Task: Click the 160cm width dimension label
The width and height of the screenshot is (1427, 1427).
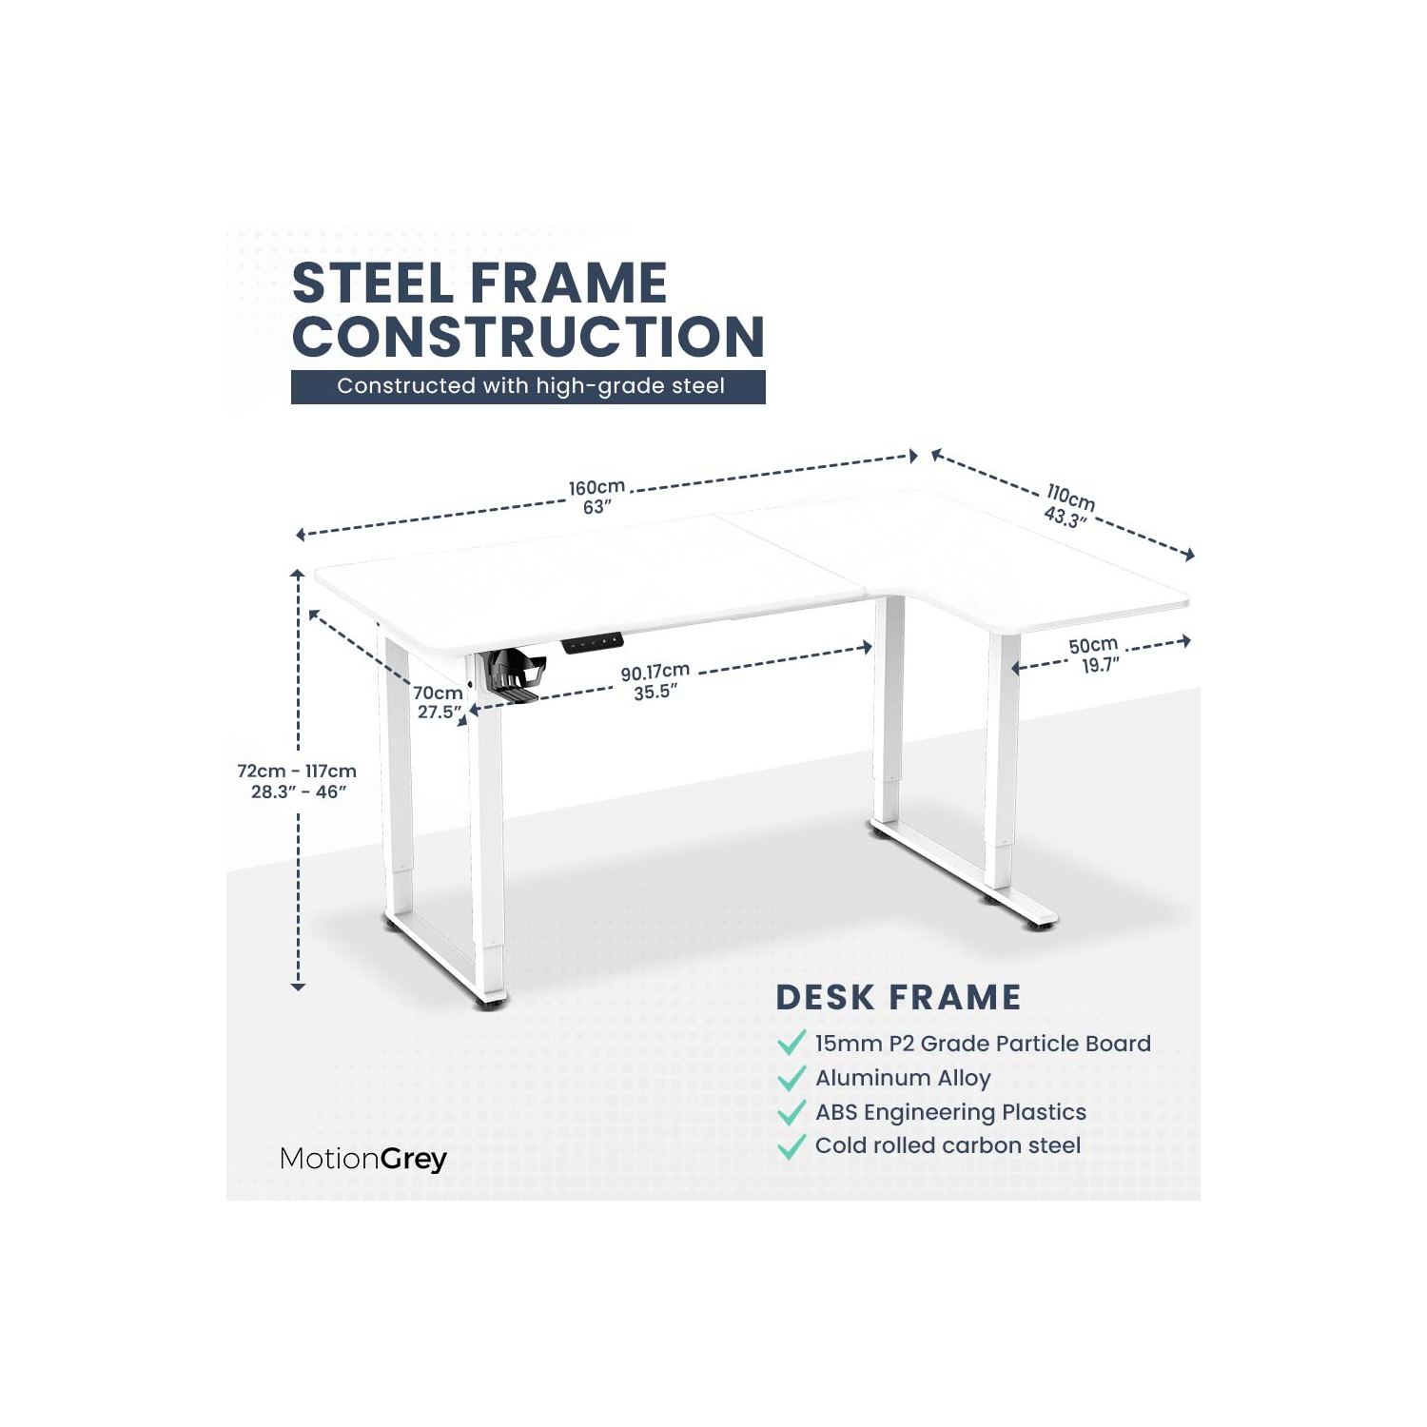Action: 596,497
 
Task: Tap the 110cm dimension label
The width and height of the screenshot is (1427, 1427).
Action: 1069,505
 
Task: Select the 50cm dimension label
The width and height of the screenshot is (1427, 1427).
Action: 1095,655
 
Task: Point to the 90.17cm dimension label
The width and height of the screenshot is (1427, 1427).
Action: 655,682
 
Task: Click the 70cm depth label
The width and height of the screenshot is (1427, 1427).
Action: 439,702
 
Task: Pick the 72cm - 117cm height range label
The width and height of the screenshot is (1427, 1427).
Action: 297,781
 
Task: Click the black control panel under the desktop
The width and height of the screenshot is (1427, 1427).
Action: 592,643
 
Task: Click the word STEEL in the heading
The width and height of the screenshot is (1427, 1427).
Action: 375,283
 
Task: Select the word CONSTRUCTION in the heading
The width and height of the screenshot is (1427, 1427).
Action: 528,337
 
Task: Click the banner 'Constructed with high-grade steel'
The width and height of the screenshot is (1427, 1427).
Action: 528,386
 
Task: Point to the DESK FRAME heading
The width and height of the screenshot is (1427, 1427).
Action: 898,997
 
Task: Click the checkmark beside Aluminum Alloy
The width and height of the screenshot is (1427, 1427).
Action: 792,1078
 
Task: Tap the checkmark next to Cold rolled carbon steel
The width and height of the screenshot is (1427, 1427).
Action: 792,1146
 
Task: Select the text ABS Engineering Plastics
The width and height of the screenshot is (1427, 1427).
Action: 950,1112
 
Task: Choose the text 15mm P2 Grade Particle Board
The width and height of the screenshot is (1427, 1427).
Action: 983,1044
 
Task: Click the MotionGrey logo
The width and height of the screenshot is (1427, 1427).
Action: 363,1159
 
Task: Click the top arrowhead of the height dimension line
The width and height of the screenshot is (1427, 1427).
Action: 298,574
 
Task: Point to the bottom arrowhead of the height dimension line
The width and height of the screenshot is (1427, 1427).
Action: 298,987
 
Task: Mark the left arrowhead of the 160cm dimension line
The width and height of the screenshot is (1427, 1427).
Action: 301,535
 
